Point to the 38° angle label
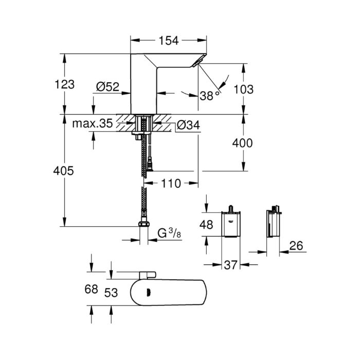208,96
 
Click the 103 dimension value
243,88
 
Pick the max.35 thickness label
92,124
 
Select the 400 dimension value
242,143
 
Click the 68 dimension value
91,290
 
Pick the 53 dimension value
111,292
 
